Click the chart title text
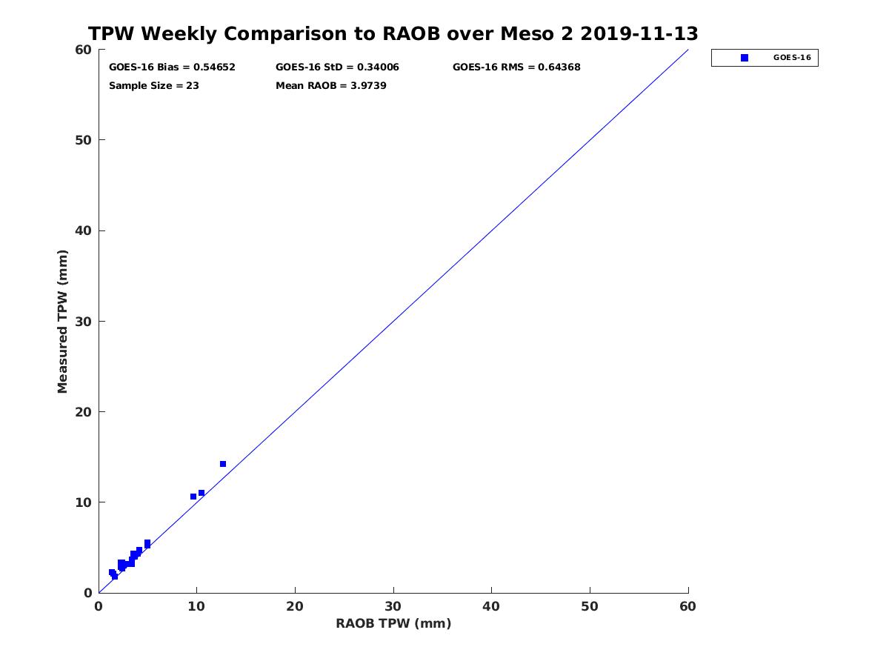pyautogui.click(x=393, y=34)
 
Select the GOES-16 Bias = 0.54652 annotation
pyautogui.click(x=172, y=67)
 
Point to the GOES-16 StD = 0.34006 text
pyautogui.click(x=337, y=67)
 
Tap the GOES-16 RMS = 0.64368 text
pyautogui.click(x=516, y=67)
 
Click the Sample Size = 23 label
pyautogui.click(x=154, y=86)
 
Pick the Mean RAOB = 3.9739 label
pyautogui.click(x=331, y=86)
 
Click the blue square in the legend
pyautogui.click(x=745, y=58)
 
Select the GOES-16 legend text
pyautogui.click(x=792, y=58)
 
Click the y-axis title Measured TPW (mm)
pyautogui.click(x=62, y=322)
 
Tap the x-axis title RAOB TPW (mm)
pyautogui.click(x=393, y=624)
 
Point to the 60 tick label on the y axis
pyautogui.click(x=84, y=50)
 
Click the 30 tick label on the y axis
pyautogui.click(x=84, y=322)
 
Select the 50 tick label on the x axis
pyautogui.click(x=590, y=607)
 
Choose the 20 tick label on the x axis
pyautogui.click(x=295, y=607)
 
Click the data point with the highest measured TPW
pyautogui.click(x=223, y=464)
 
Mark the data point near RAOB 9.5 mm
pyautogui.click(x=193, y=497)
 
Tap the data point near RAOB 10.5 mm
pyautogui.click(x=202, y=493)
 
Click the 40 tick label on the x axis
pyautogui.click(x=491, y=607)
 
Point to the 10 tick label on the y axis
pyautogui.click(x=84, y=502)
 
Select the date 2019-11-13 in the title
pyautogui.click(x=639, y=34)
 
